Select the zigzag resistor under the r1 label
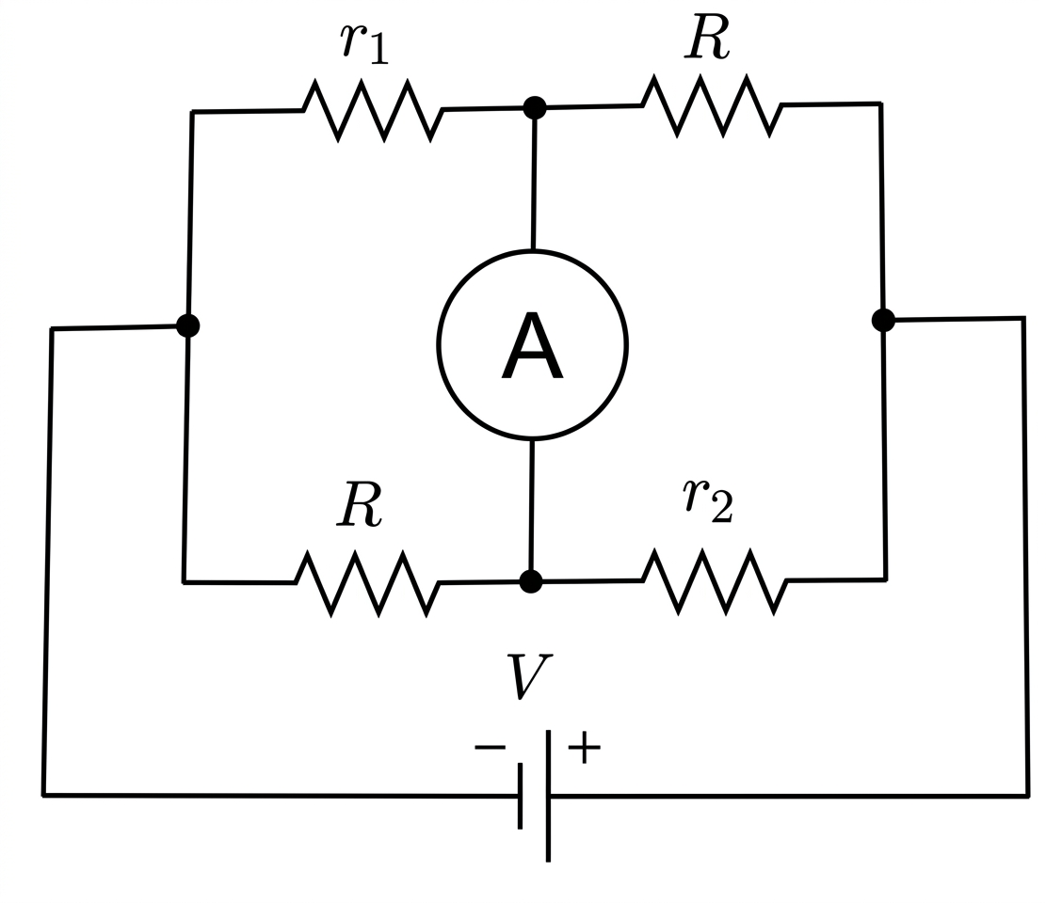click(x=373, y=110)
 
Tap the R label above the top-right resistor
click(x=707, y=37)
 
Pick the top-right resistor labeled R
click(x=713, y=105)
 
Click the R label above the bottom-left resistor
click(x=360, y=504)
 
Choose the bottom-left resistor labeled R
click(x=367, y=582)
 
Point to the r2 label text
click(x=708, y=500)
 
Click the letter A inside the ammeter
click(x=532, y=346)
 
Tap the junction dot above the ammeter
click(x=535, y=107)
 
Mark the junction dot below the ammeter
click(x=531, y=581)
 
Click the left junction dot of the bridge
click(x=188, y=325)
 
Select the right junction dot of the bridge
click(x=883, y=320)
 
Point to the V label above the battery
click(x=529, y=676)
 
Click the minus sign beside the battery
click(x=491, y=747)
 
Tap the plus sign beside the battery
click(x=585, y=747)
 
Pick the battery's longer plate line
click(x=548, y=797)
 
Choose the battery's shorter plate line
click(x=521, y=797)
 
